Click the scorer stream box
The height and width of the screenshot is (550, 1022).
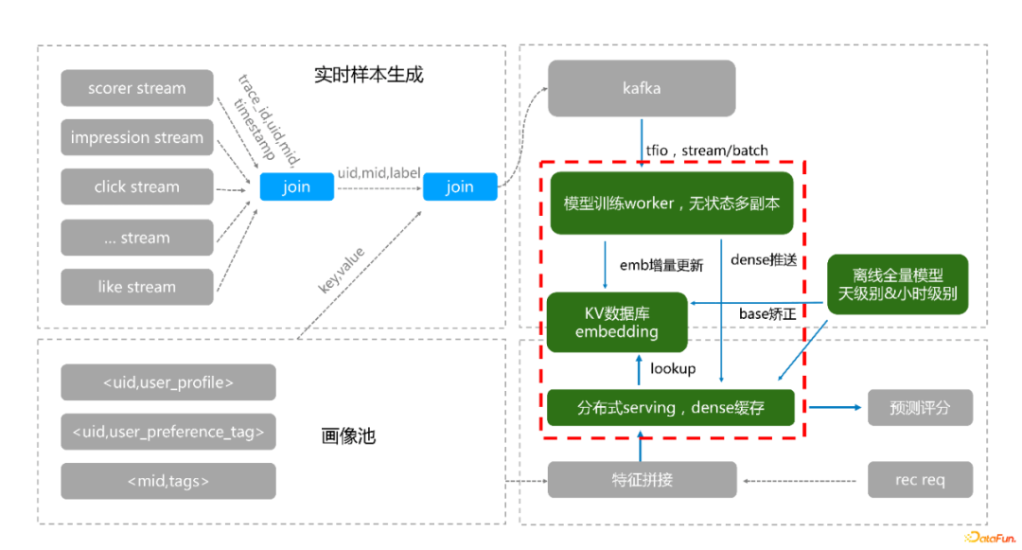tap(137, 88)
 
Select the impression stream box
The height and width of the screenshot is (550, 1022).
tap(137, 137)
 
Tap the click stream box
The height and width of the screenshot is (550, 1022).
tap(137, 187)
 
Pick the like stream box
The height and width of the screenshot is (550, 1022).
tap(137, 287)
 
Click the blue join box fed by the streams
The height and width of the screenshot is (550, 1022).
tap(296, 187)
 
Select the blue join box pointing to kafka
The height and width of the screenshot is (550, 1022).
tap(460, 187)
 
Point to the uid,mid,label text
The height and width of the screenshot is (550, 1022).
tap(379, 172)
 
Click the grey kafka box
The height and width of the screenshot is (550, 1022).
tap(642, 89)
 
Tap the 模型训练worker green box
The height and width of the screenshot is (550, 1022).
tap(672, 204)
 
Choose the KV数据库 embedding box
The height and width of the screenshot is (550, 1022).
tap(617, 323)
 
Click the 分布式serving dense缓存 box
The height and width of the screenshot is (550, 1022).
tap(671, 408)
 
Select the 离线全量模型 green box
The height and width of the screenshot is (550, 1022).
tap(897, 285)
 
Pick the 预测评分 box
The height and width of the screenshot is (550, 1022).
tap(920, 408)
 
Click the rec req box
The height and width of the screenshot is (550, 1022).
tap(920, 480)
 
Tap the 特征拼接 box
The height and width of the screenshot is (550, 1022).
tap(642, 480)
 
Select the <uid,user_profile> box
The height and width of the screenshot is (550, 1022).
tap(168, 382)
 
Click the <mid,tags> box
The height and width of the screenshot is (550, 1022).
tap(168, 481)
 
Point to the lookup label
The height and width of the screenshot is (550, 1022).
tap(673, 369)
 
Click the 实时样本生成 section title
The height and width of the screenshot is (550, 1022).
tap(369, 75)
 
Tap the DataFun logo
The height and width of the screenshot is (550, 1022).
tap(990, 538)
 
